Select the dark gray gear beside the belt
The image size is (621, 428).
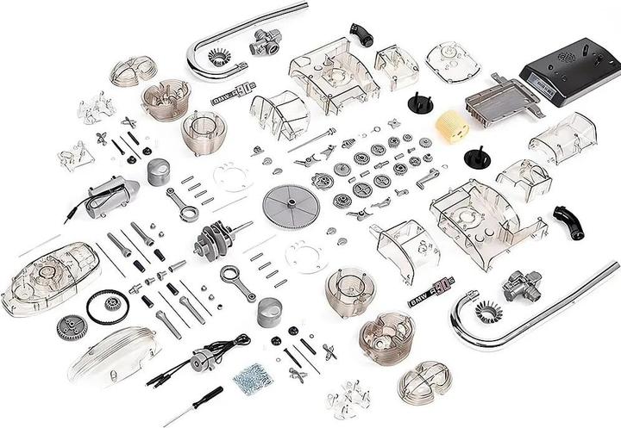pos(72,326)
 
